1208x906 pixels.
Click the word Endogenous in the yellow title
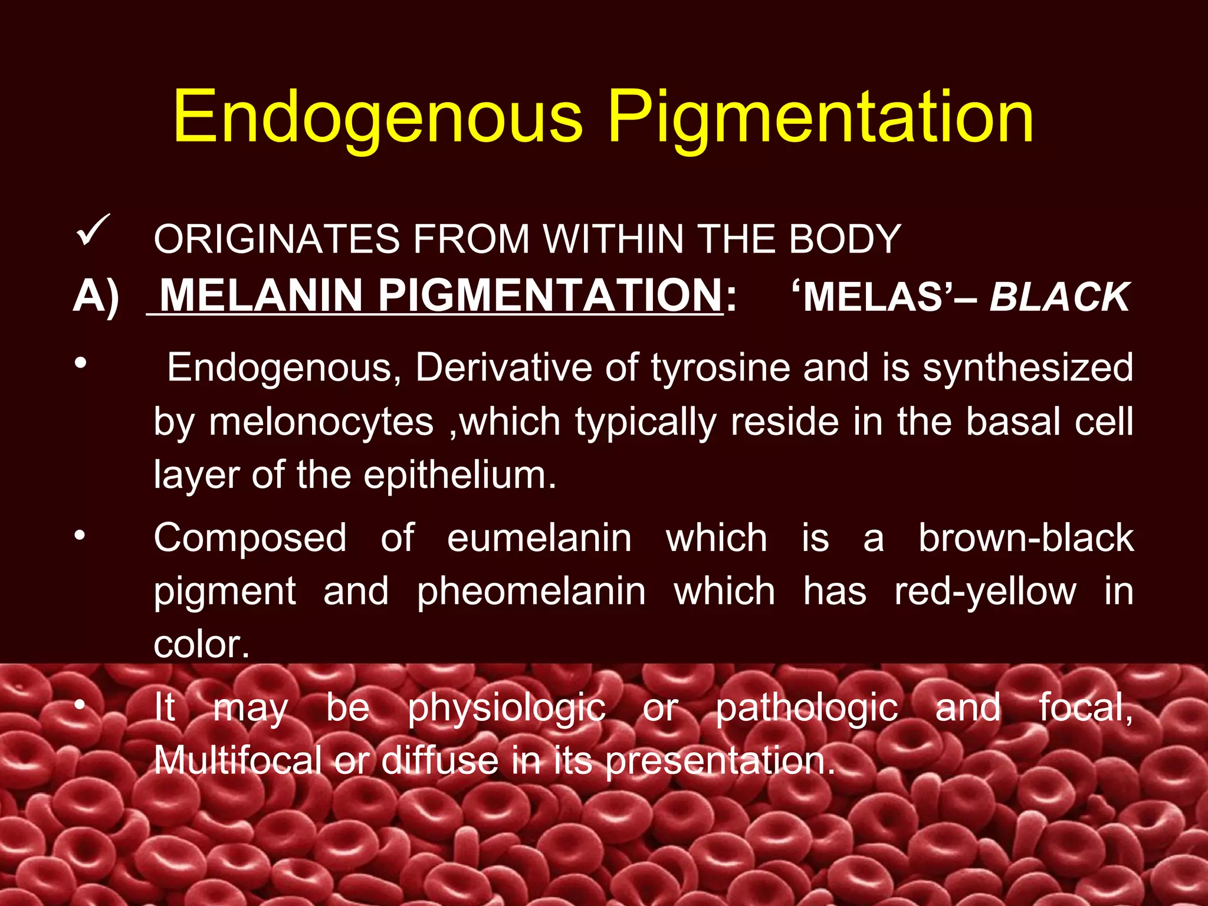(x=377, y=118)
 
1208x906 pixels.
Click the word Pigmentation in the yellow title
(x=820, y=118)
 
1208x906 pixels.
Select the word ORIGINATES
(x=277, y=239)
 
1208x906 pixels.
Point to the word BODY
(x=845, y=239)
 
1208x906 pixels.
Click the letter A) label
(x=96, y=296)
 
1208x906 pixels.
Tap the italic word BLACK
(x=1059, y=297)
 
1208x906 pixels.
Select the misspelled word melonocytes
(x=321, y=422)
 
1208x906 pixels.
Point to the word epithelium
(x=459, y=475)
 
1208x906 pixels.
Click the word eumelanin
(x=539, y=539)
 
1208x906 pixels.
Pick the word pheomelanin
(x=531, y=592)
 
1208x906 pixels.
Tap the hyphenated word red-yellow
(x=985, y=592)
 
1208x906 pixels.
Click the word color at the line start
(x=201, y=645)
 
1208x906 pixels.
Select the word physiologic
(x=507, y=708)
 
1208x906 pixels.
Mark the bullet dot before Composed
(x=80, y=536)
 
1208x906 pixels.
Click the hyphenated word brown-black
(x=1026, y=539)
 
